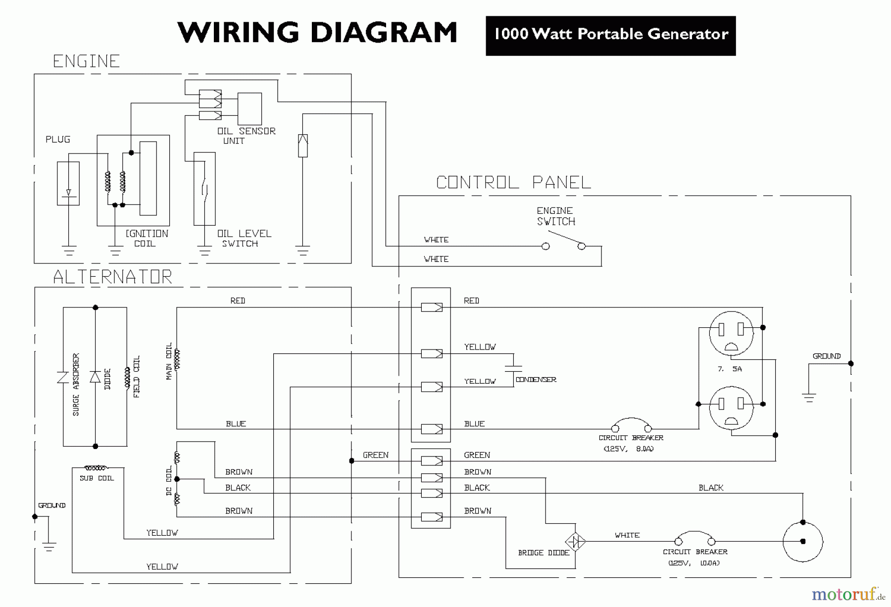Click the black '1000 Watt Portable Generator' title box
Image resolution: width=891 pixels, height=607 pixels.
[610, 35]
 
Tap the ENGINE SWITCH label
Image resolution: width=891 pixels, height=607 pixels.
[556, 216]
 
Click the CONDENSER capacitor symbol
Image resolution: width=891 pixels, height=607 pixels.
[513, 368]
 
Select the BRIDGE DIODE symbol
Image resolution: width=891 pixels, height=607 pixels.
[575, 541]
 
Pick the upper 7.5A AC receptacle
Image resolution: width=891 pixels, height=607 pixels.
[731, 333]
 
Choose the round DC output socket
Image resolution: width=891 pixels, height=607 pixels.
[802, 542]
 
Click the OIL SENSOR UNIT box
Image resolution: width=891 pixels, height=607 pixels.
[249, 109]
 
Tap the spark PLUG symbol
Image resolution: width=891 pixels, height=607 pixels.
[68, 183]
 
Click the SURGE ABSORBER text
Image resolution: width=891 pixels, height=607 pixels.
[76, 384]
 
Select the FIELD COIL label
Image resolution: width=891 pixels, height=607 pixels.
[137, 376]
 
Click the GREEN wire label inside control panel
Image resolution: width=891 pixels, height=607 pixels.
[477, 455]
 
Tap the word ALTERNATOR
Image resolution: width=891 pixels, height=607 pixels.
[113, 277]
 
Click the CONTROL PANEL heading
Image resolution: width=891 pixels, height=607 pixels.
[513, 183]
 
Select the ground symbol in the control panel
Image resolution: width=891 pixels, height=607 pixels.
[809, 397]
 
